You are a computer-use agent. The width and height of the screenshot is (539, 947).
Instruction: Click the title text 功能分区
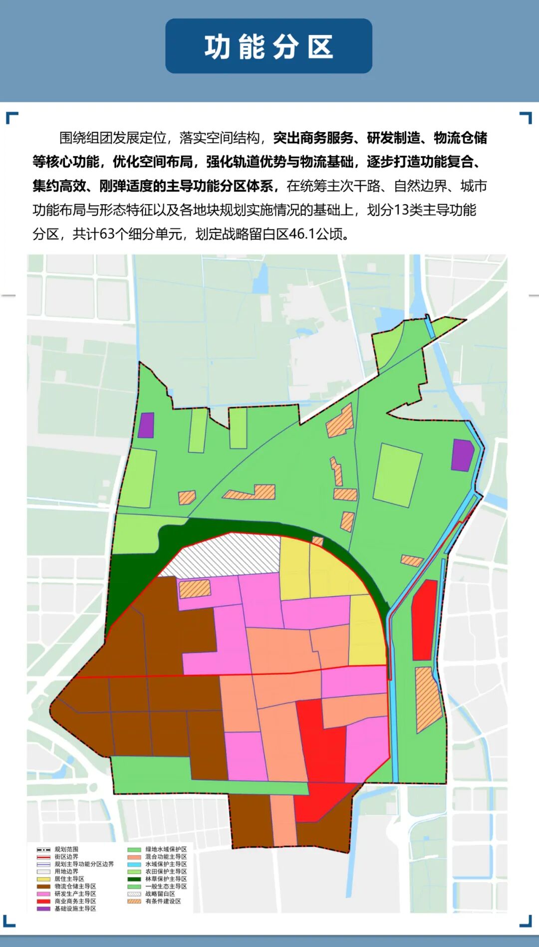pyautogui.click(x=269, y=47)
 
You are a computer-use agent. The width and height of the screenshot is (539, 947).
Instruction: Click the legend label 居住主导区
pyautogui.click(x=69, y=879)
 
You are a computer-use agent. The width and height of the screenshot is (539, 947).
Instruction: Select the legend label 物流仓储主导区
pyautogui.click(x=75, y=886)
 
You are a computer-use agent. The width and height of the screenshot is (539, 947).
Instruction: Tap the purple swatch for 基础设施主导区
pyautogui.click(x=44, y=909)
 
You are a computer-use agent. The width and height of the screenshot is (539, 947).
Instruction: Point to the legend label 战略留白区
pyautogui.click(x=160, y=894)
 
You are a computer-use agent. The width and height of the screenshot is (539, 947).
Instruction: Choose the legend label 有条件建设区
pyautogui.click(x=163, y=901)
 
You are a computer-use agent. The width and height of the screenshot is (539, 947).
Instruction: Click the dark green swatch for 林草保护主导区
pyautogui.click(x=134, y=879)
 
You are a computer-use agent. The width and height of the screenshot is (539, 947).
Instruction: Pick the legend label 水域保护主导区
pyautogui.click(x=166, y=864)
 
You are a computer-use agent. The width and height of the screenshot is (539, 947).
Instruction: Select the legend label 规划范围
pyautogui.click(x=66, y=849)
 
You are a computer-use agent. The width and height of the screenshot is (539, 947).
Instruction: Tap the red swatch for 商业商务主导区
pyautogui.click(x=44, y=901)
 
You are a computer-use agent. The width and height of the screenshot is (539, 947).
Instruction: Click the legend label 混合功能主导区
pyautogui.click(x=166, y=857)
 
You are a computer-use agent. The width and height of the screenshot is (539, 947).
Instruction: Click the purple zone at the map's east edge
pyautogui.click(x=462, y=455)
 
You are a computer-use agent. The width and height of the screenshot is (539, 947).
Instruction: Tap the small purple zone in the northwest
pyautogui.click(x=146, y=426)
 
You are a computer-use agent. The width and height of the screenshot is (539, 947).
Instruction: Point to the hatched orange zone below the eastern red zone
pyautogui.click(x=428, y=699)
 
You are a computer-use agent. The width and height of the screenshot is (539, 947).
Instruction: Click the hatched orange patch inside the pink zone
pyautogui.click(x=195, y=589)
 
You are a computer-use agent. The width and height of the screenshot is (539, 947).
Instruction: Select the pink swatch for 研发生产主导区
pyautogui.click(x=44, y=894)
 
